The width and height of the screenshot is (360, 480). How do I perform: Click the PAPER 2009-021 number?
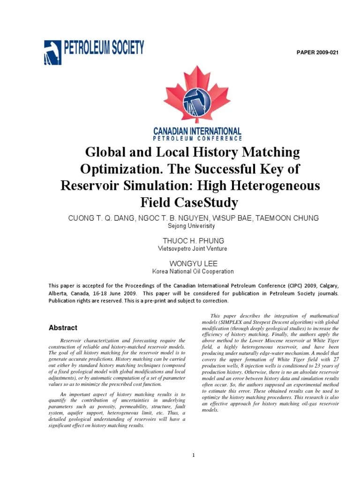(317, 52)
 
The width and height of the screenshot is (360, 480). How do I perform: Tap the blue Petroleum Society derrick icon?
(52, 52)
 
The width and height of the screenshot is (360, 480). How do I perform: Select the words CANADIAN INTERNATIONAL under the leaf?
(197, 131)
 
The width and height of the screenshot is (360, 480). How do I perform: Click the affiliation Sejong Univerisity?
(191, 226)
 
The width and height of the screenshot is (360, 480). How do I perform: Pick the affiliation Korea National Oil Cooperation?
(193, 271)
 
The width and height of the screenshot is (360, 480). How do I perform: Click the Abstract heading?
(63, 328)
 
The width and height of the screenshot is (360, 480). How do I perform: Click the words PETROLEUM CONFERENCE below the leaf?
(197, 139)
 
